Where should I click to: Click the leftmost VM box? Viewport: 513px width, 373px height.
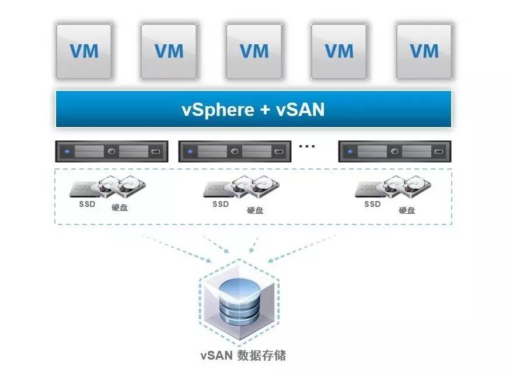84,51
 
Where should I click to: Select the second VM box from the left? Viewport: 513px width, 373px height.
169,51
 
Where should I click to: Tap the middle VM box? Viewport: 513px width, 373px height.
254,51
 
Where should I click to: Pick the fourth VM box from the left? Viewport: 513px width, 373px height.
339,51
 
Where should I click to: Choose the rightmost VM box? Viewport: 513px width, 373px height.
424,51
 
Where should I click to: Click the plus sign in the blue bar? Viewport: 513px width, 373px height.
264,109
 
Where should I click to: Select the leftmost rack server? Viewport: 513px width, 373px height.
111,152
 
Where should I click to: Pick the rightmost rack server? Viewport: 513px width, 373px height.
395,152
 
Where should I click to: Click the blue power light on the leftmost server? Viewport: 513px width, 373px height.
68,152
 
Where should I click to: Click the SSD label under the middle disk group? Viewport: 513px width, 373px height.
221,205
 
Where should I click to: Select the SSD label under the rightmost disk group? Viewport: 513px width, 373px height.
372,205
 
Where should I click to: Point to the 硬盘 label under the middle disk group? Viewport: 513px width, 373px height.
255,210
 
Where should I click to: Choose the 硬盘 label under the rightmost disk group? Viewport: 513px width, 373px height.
407,210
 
